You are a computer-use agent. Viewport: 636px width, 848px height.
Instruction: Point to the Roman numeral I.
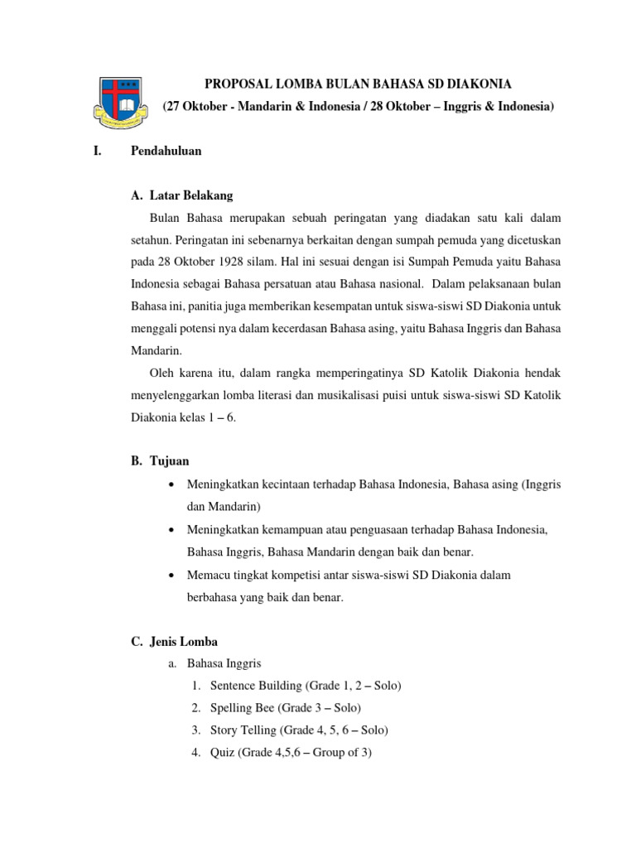click(x=99, y=152)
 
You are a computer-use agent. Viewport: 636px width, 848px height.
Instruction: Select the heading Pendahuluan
click(x=166, y=152)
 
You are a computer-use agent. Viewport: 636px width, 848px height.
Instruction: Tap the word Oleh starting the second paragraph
click(x=162, y=373)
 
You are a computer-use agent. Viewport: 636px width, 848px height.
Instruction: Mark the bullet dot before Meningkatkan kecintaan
click(x=171, y=484)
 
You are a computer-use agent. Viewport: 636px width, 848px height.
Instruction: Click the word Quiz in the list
click(x=223, y=753)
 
